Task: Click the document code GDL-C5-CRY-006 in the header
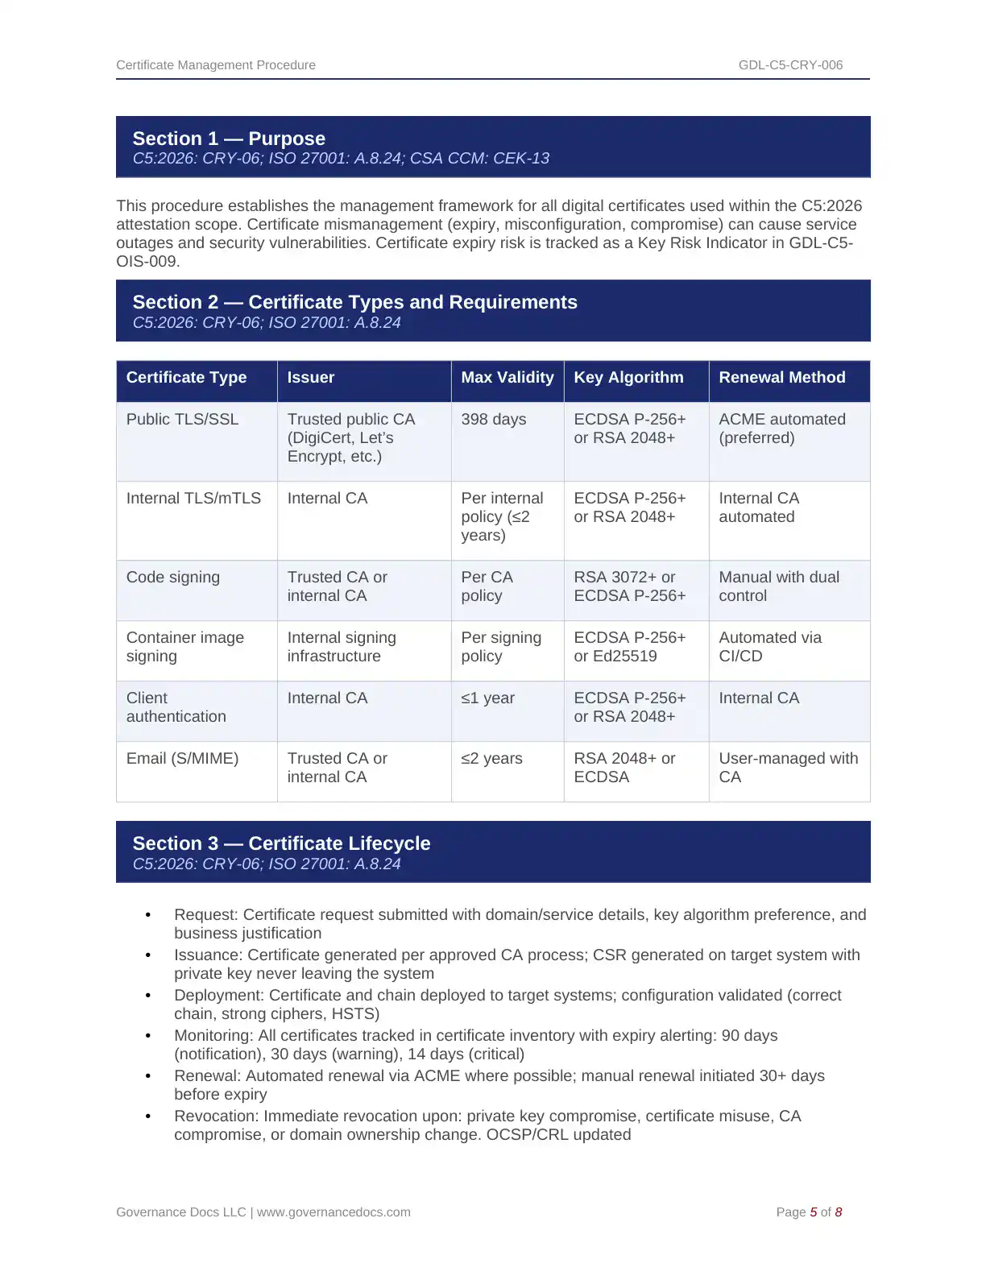tap(790, 65)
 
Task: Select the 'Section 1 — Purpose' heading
tap(229, 139)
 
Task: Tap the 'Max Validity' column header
tap(507, 378)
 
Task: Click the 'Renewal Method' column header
tap(781, 378)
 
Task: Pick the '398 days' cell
tap(493, 420)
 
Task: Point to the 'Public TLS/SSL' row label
tap(182, 420)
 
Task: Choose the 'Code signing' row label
tap(172, 578)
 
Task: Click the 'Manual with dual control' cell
tap(778, 586)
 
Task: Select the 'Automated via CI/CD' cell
tap(769, 647)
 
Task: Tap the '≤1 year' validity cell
tap(487, 698)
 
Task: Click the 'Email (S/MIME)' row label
tap(182, 759)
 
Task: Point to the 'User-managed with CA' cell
tap(787, 768)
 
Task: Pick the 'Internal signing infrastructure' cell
tap(342, 647)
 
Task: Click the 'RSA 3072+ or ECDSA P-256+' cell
tap(629, 586)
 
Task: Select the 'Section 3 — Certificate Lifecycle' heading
tap(281, 843)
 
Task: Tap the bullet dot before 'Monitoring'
tap(148, 1036)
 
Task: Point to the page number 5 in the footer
tap(813, 1212)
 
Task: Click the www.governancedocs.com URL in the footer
tap(333, 1212)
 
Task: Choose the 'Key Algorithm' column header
tap(628, 378)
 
